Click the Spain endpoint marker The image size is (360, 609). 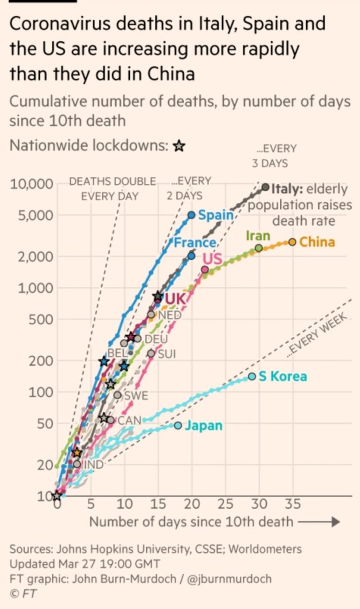coord(191,215)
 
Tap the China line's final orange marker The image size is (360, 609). coord(292,242)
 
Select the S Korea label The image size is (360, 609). coord(283,376)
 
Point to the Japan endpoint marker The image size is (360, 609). coord(178,425)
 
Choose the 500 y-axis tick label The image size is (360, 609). coord(41,320)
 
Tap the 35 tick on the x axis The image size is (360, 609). coord(293,504)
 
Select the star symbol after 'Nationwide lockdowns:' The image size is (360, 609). coord(179,146)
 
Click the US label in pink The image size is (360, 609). coord(212,258)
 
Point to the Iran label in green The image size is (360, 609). coord(258,235)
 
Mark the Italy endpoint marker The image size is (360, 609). coord(265,187)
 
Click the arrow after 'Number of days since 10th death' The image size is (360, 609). coord(318,522)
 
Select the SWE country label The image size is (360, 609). coord(135,396)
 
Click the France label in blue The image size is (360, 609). coord(194,242)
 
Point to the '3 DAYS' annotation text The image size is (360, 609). coord(270,164)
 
